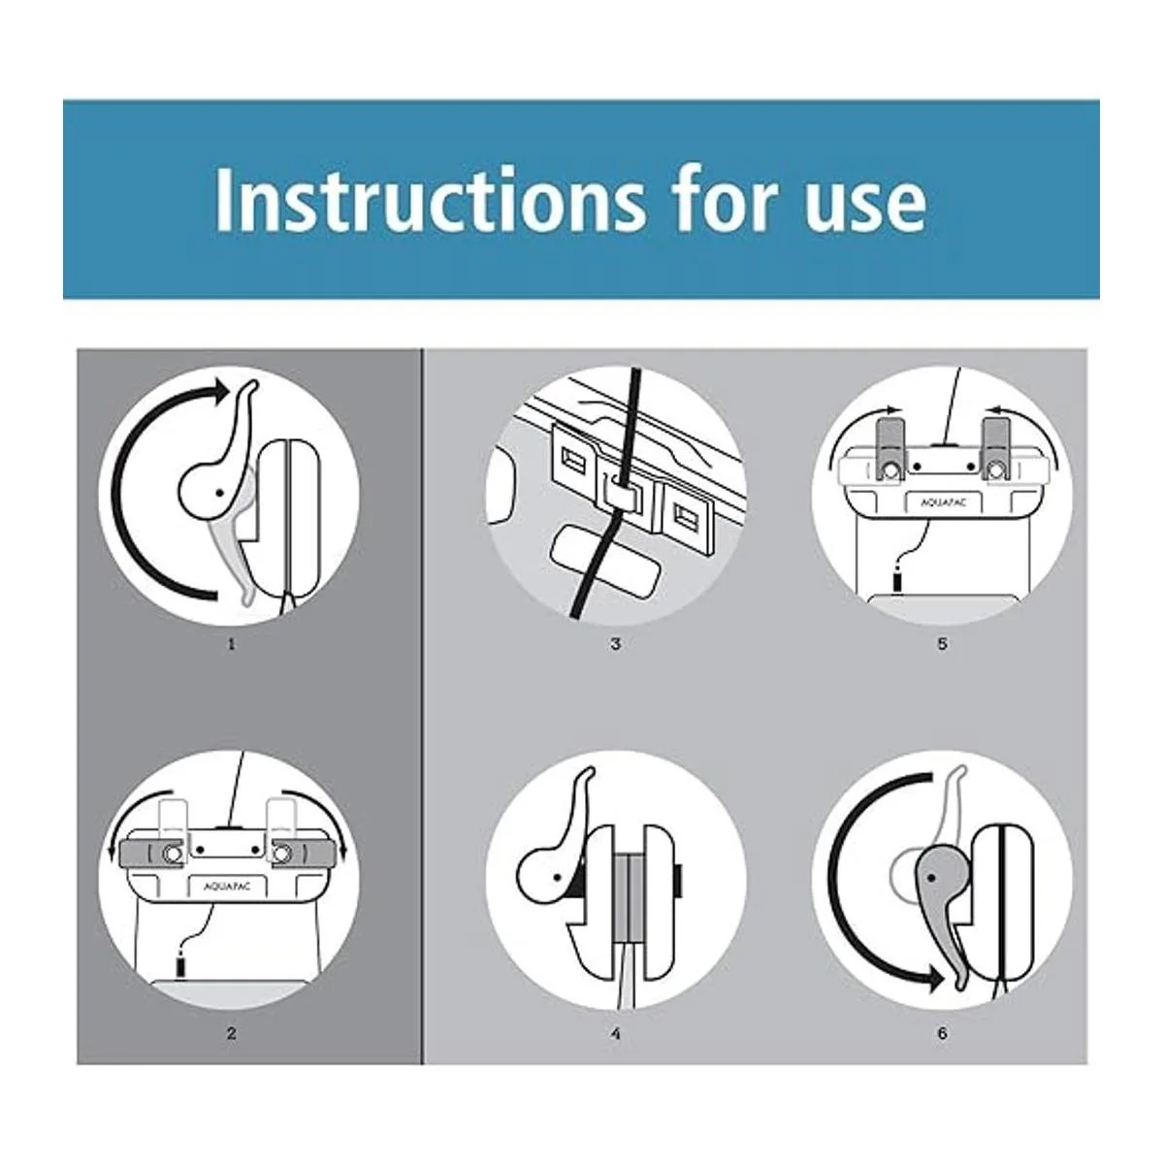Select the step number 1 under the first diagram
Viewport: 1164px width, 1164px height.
[231, 644]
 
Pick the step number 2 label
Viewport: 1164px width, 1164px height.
[232, 1033]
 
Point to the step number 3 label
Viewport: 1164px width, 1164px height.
[615, 644]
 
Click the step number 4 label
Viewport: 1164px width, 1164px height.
[615, 1033]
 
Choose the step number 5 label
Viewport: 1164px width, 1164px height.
[942, 644]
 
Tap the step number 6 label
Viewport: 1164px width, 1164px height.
[942, 1033]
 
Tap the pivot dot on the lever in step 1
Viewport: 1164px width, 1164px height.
[219, 493]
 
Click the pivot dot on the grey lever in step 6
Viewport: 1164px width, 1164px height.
[931, 877]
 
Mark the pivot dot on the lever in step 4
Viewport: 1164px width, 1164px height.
[557, 876]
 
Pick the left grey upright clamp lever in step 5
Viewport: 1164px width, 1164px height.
[889, 450]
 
